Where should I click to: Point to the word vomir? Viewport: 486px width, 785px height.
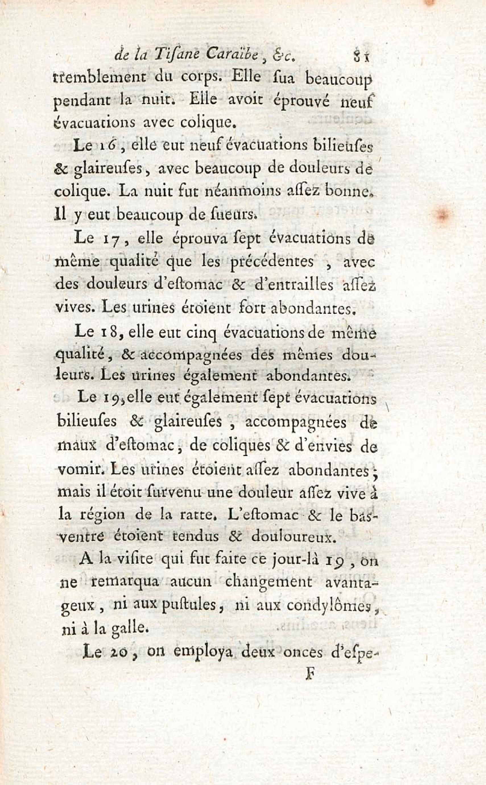77,470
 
